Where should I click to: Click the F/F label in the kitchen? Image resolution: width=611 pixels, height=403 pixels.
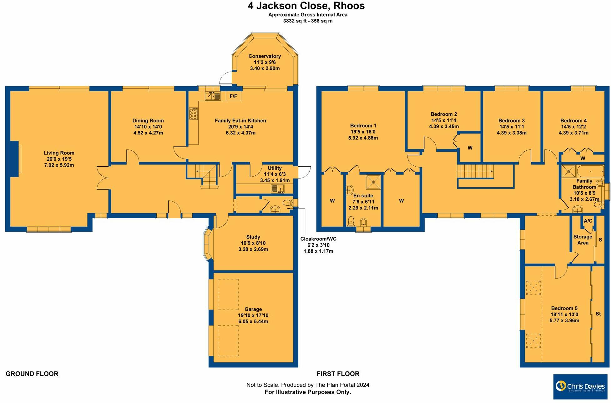point(233,96)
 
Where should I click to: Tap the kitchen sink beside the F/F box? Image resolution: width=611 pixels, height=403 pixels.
point(213,96)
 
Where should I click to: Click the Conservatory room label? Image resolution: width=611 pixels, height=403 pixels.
point(265,56)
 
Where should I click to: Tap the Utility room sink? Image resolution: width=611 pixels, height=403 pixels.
point(278,189)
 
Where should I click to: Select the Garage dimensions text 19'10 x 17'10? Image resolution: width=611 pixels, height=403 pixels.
point(253,315)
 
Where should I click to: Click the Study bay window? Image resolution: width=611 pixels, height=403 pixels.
point(207,244)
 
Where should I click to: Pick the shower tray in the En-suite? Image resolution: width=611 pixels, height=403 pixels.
point(374,182)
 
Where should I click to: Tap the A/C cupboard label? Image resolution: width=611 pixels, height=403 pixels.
point(588,221)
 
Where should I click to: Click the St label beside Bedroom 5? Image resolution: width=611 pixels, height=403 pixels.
point(598,314)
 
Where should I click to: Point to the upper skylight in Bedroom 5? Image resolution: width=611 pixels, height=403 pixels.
point(533,288)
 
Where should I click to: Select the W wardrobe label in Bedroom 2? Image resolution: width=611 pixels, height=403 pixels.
point(470,148)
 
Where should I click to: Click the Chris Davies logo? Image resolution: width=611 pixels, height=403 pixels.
point(580,386)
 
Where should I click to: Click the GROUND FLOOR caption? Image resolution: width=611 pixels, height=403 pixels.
point(32,374)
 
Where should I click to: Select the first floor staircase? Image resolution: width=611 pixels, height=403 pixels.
point(475,171)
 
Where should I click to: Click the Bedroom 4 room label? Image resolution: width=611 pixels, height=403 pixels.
point(573,121)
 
